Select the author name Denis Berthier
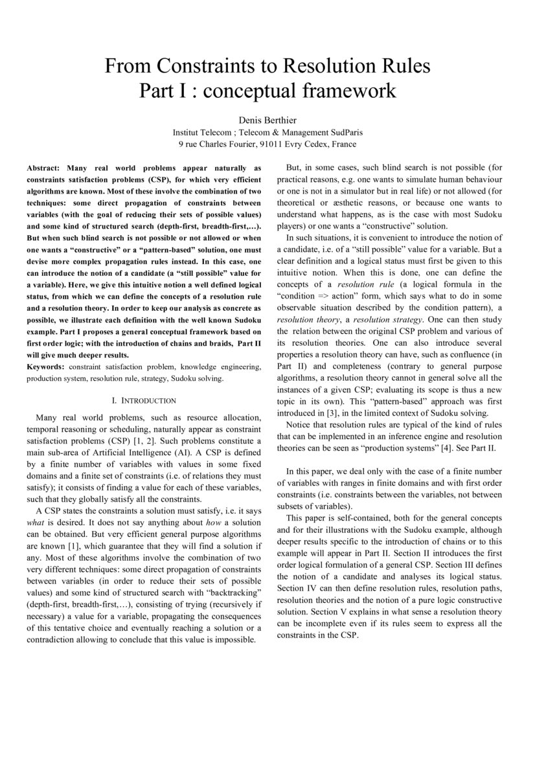[x=267, y=120]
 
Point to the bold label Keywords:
[x=47, y=367]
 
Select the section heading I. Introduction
[x=144, y=401]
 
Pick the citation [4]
[x=448, y=447]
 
